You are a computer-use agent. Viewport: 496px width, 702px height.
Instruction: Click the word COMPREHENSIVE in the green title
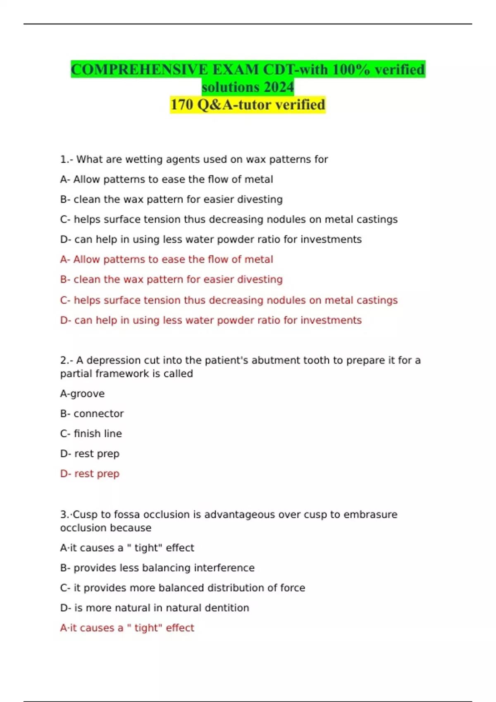139,69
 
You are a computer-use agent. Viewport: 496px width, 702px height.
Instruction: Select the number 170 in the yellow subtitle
182,105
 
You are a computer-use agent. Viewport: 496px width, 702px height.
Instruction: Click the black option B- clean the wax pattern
171,199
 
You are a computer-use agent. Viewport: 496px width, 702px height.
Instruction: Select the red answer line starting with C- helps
229,300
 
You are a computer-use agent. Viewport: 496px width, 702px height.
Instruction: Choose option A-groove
82,394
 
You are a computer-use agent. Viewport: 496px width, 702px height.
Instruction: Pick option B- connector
92,414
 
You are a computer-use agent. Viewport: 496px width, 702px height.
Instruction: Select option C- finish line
91,434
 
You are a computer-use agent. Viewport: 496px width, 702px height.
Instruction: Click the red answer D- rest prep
90,474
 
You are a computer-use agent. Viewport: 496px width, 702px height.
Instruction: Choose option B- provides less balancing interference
157,568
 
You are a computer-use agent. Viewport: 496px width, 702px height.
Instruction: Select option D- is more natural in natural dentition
155,608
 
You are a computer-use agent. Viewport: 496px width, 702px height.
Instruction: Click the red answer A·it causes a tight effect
127,628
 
